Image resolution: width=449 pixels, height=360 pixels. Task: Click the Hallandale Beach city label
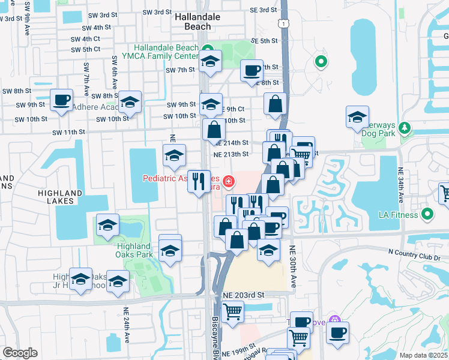click(193, 22)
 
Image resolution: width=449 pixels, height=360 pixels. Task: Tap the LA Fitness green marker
click(427, 214)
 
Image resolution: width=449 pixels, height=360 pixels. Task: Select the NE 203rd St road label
click(244, 295)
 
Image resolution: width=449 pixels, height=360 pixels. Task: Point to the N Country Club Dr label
click(414, 255)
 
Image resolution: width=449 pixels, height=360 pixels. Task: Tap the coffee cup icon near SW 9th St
click(61, 100)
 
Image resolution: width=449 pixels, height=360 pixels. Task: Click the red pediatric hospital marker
click(228, 180)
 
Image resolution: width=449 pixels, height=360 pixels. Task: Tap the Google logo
click(20, 353)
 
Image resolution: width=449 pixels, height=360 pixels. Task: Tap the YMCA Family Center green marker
click(208, 49)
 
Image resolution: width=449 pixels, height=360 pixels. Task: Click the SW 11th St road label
click(69, 132)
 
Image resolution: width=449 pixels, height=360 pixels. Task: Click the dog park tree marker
click(405, 127)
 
